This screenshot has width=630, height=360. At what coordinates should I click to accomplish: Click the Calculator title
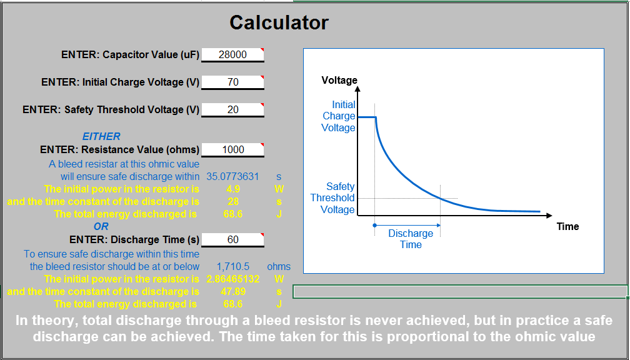click(279, 22)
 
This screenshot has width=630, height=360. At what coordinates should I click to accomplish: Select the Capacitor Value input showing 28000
click(232, 54)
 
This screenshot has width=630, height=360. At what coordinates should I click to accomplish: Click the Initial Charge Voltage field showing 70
click(232, 82)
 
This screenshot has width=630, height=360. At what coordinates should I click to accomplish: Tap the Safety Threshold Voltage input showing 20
click(232, 109)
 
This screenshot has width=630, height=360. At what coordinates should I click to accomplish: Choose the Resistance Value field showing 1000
click(232, 149)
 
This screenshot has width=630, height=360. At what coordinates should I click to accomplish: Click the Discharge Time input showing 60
click(232, 239)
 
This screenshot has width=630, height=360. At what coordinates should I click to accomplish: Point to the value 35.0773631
click(232, 176)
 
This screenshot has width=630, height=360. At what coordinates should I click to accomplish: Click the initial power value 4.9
click(232, 189)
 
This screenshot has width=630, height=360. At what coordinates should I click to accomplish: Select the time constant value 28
click(232, 201)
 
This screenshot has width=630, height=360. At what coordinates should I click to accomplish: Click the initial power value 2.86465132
click(232, 279)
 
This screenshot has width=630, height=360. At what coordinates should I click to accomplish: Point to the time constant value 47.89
click(233, 291)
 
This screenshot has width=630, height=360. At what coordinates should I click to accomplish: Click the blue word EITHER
click(101, 137)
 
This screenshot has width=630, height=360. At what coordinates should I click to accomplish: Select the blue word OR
click(101, 227)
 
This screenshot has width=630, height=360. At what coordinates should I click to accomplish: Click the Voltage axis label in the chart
click(339, 81)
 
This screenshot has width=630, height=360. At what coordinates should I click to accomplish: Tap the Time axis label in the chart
click(567, 227)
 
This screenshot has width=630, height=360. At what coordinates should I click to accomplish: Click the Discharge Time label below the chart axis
click(411, 239)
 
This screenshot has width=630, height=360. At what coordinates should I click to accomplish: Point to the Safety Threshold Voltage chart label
click(332, 197)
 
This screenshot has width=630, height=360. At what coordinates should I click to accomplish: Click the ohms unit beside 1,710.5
click(279, 266)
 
